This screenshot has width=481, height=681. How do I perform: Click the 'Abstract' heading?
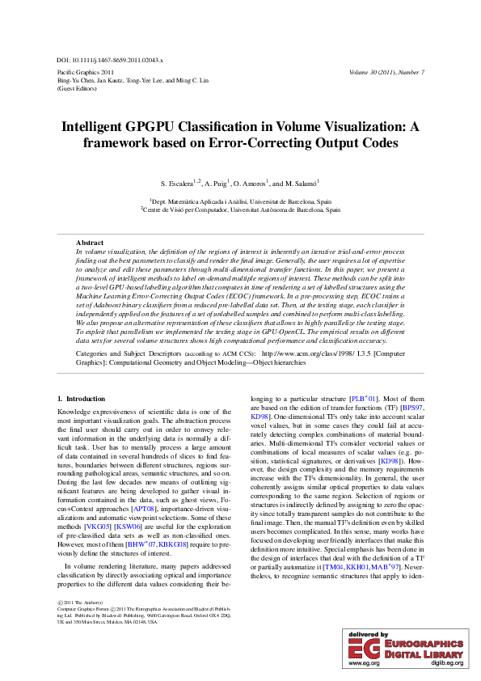[89, 243]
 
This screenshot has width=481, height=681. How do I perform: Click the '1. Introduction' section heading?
[81, 399]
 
